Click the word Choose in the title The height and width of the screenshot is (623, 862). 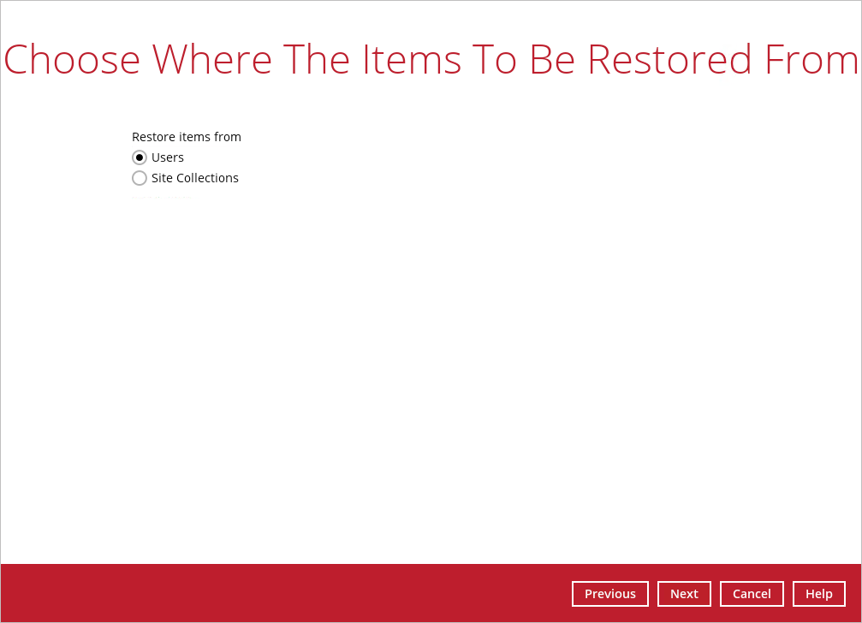[72, 59]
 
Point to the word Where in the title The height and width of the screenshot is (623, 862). [212, 59]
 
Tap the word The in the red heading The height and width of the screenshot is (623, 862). [317, 59]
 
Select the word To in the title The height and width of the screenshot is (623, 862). [496, 59]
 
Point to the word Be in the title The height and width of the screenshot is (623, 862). [553, 59]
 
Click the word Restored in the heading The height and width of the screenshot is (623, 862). [670, 59]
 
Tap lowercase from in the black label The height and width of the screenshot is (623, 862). [228, 137]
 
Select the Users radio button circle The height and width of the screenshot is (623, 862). [140, 157]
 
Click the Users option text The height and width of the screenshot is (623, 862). [168, 157]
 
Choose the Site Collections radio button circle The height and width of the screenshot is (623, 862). [140, 178]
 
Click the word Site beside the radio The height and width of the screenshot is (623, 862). [162, 178]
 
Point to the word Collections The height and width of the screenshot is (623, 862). [207, 178]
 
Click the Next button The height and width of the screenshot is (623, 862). [685, 594]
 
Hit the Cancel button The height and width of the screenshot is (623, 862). [752, 594]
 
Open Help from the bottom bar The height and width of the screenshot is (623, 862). [819, 594]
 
